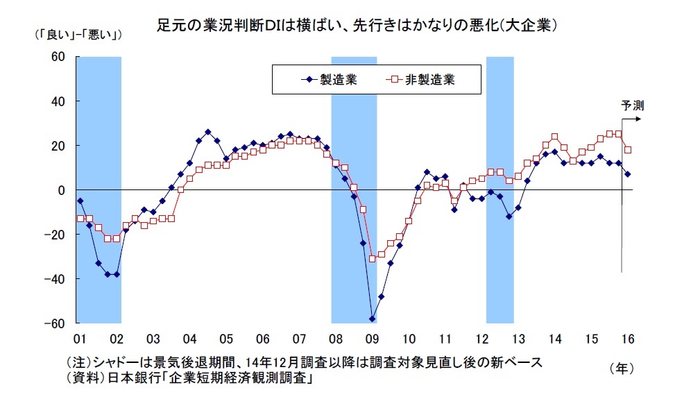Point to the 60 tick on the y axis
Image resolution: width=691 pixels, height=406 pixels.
pos(57,57)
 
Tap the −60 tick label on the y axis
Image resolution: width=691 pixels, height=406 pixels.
pos(54,323)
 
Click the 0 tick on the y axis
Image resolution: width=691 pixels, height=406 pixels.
pos(60,190)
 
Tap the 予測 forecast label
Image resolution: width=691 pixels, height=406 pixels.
pos(632,105)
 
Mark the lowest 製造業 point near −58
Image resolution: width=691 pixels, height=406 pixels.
pos(373,319)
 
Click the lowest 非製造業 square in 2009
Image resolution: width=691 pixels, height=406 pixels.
pos(373,259)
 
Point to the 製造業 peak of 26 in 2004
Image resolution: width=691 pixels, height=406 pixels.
pos(208,132)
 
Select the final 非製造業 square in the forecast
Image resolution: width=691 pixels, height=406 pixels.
pos(628,150)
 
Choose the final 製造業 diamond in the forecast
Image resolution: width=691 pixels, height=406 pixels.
pos(628,174)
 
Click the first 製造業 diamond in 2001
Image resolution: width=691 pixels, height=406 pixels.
pos(80,201)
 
